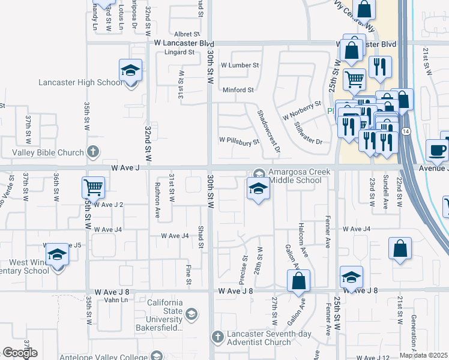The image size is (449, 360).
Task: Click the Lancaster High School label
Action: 80,83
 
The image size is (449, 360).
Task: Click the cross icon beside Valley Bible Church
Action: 92,152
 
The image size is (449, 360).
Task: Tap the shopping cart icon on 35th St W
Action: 93,188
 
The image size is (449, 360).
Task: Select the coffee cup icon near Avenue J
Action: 437,150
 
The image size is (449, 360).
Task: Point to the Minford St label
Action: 238,90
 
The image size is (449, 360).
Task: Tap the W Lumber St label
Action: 240,65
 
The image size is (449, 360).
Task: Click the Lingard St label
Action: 177,53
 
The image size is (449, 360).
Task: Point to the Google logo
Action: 20,353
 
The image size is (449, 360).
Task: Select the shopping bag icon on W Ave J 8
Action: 298,281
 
